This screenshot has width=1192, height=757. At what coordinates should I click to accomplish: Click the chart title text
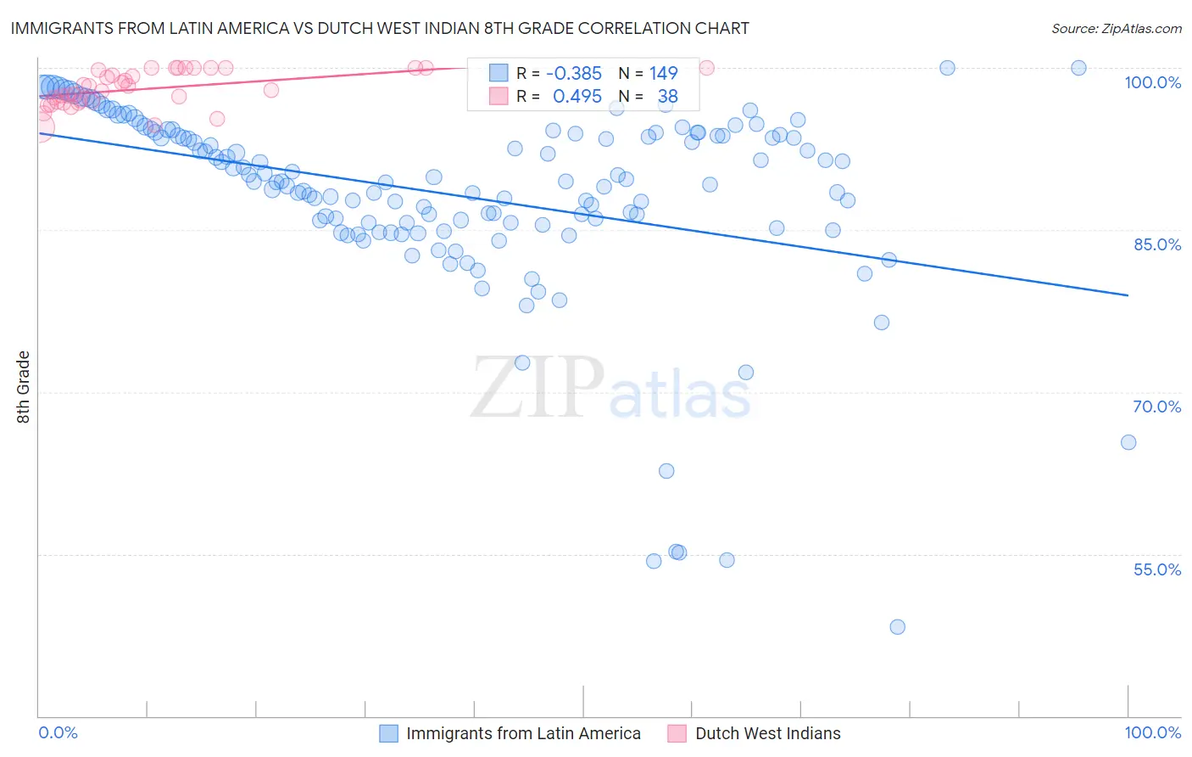tap(379, 28)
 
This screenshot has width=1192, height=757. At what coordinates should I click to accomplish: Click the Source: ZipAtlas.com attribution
tap(1116, 28)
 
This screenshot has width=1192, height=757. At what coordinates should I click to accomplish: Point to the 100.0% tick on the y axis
tap(1152, 82)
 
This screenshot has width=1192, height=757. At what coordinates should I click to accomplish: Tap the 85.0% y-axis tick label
tap(1156, 244)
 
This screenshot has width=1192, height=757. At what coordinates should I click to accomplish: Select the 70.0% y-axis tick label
tap(1156, 407)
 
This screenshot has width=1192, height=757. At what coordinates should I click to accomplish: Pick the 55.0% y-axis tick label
tap(1156, 569)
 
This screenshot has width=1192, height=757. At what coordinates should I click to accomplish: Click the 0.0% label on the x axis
tap(58, 732)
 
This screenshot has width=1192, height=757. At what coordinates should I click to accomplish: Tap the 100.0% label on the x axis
tap(1152, 732)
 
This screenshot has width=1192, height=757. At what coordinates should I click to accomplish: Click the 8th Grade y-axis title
tap(24, 387)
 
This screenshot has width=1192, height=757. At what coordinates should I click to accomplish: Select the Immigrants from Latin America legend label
tap(523, 733)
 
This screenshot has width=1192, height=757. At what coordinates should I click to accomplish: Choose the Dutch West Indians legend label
tap(767, 733)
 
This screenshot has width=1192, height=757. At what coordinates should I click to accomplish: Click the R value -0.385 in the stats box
tap(573, 74)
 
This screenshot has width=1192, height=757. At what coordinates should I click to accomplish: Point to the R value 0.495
tap(577, 97)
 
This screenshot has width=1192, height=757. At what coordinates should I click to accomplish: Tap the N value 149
tap(663, 74)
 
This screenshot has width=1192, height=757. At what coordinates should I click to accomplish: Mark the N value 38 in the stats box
tap(667, 97)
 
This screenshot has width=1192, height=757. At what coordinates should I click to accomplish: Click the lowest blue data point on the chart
tap(897, 627)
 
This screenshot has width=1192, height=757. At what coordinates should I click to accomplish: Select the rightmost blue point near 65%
tap(1128, 442)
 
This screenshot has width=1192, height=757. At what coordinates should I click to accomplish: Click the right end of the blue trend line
tap(1128, 295)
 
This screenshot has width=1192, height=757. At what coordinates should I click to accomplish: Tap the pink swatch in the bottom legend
tap(677, 733)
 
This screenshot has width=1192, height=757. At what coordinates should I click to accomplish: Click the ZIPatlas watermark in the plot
tap(610, 389)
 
